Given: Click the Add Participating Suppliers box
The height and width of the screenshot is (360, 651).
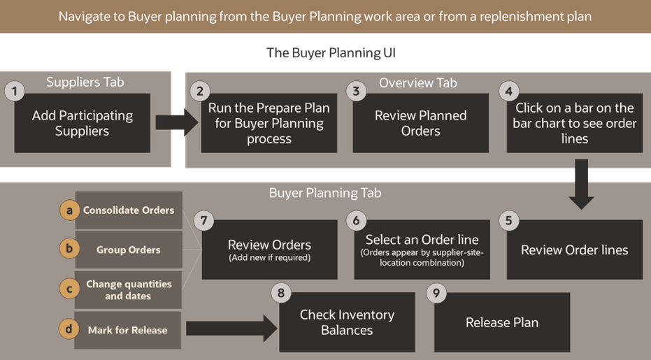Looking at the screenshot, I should click(x=82, y=123).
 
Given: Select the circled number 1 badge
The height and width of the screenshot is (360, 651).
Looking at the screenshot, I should click(x=14, y=91).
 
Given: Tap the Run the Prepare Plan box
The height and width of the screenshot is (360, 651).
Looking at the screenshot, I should click(x=269, y=123).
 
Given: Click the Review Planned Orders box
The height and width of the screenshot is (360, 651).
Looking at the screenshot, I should click(x=420, y=123).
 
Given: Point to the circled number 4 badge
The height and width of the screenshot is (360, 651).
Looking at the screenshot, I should click(x=508, y=91).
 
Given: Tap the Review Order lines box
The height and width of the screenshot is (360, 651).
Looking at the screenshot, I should click(x=574, y=250).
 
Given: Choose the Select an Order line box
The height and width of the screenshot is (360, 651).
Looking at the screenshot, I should click(x=422, y=250).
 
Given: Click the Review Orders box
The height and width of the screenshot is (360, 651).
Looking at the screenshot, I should click(x=269, y=249).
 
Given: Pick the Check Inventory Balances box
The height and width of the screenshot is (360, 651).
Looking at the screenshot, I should click(x=347, y=322).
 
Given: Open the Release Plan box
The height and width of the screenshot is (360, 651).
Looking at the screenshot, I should click(x=501, y=322).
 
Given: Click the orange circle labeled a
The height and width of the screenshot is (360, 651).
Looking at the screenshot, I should click(x=69, y=210).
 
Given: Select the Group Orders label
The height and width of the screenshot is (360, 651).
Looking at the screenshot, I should click(x=129, y=250).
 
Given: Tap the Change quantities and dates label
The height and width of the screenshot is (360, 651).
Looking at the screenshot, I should click(x=129, y=289).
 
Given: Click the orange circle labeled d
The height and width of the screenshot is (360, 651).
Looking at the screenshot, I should click(x=69, y=330).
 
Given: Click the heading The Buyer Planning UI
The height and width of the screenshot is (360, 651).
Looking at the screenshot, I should click(x=331, y=52).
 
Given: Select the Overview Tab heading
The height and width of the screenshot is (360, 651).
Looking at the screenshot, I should click(x=417, y=82).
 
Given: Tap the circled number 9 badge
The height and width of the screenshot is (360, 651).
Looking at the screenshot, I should click(x=436, y=294).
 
